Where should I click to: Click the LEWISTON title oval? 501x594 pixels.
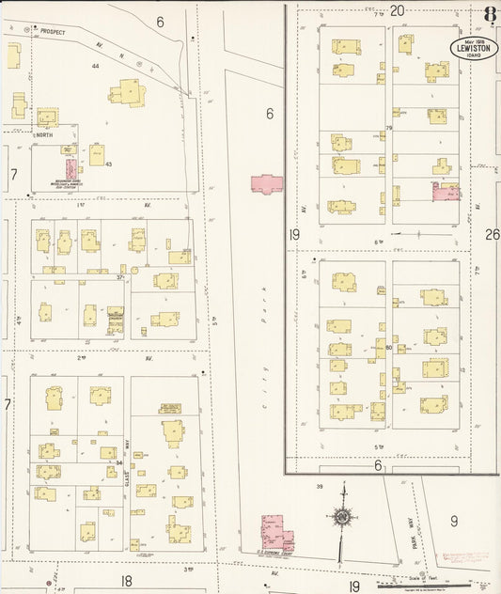[x=466, y=47]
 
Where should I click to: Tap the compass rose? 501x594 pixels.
[x=343, y=517]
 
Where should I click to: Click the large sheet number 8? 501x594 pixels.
[x=490, y=14]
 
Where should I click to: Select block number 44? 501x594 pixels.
[x=96, y=66]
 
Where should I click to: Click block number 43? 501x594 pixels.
[x=109, y=164]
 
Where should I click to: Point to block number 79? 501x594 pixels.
[x=387, y=128]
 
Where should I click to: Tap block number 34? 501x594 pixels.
[x=119, y=462]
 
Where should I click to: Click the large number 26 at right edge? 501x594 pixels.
[x=492, y=234]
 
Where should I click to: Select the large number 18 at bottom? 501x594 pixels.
[x=126, y=582]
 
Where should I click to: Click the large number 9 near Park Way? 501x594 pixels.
[x=453, y=520]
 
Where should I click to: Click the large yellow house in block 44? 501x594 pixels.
[x=127, y=92]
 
